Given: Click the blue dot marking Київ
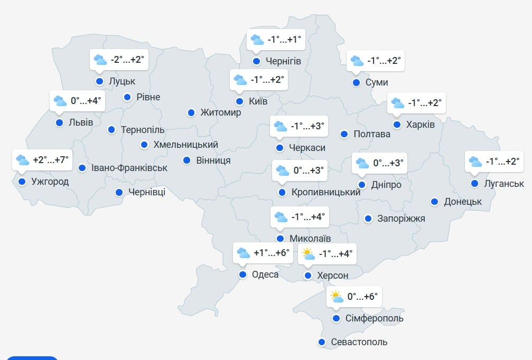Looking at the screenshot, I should click(x=239, y=101).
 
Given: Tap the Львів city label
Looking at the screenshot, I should click(x=81, y=122).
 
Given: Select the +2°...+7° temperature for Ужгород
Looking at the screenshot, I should click(x=51, y=160).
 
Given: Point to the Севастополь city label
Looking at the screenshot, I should click(x=359, y=342).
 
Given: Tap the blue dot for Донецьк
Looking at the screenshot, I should click(x=434, y=202).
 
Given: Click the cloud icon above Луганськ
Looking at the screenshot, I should click(x=475, y=162).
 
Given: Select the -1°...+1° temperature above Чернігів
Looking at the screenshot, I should click(x=284, y=39).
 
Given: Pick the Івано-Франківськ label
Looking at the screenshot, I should click(x=129, y=168).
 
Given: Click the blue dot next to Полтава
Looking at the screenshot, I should click(x=344, y=134).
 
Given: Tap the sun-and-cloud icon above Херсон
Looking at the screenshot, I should click(x=307, y=254).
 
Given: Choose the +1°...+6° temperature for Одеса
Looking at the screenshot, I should click(x=272, y=253).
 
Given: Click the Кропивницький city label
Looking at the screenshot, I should click(x=326, y=192).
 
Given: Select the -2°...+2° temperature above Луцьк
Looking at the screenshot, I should click(x=127, y=60).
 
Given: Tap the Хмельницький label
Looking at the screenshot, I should click(x=185, y=145).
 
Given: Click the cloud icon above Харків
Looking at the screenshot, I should click(x=397, y=103).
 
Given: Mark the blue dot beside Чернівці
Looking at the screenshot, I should click(x=119, y=192).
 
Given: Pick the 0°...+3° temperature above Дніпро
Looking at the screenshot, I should click(x=388, y=163).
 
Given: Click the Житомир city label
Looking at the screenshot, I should click(x=221, y=112).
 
